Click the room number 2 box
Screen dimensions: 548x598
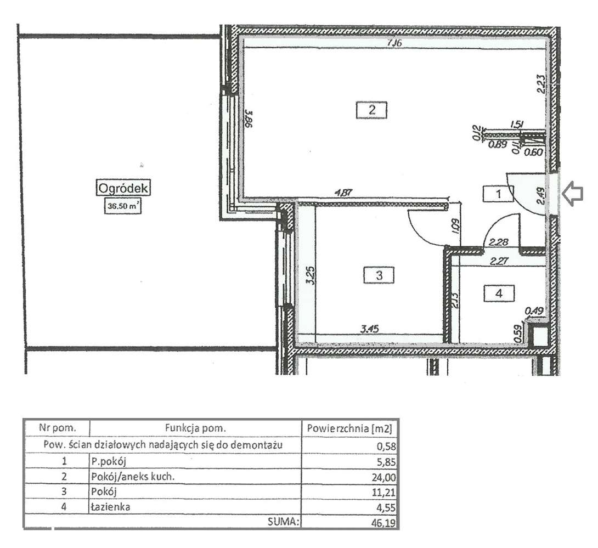[x=371, y=110]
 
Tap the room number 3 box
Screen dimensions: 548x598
[x=379, y=275]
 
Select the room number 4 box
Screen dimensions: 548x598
[x=499, y=293]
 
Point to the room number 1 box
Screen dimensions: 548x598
[x=498, y=193]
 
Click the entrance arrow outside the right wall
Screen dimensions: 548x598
[x=572, y=195]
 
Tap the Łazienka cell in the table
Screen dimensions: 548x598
[x=110, y=507]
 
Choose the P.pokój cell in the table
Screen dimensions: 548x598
[x=104, y=461]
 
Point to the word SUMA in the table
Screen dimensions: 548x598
[x=283, y=522]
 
